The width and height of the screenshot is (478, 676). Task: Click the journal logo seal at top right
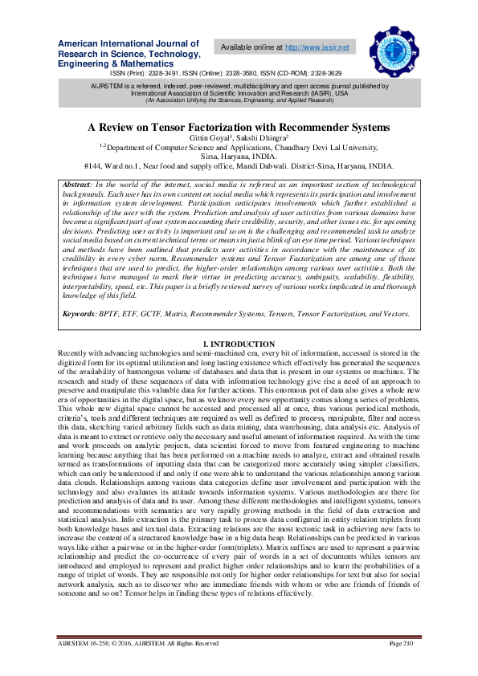pos(394,48)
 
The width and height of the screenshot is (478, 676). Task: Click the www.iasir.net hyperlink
pos(320,47)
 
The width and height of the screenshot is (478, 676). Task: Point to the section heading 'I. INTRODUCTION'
pos(239,344)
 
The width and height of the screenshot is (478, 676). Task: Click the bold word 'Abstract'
pos(77,185)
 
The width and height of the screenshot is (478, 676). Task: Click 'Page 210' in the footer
pos(401,644)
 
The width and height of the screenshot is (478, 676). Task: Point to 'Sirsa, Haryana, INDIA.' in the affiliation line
pos(239,157)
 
